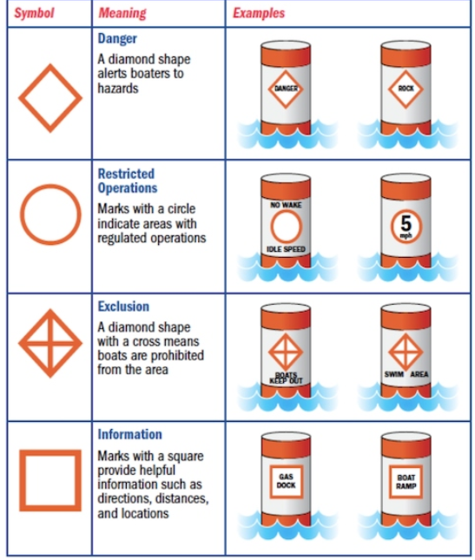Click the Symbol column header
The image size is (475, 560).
pos(34,13)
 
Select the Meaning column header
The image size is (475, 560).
pos(122,13)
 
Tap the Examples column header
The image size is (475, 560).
pos(259,13)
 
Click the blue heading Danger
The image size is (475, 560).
pos(117,38)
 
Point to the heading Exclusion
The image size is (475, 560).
pos(123,306)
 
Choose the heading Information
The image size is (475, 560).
pos(129,434)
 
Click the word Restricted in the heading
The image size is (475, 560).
pos(126,174)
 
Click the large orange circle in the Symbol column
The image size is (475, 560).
pos(50,185)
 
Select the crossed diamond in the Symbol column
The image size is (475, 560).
pos(50,343)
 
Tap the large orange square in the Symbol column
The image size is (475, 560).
pos(50,453)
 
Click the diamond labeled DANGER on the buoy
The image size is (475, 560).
pos(286,71)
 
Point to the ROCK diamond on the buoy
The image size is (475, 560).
pos(406,71)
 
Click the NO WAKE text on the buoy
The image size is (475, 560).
pos(286,205)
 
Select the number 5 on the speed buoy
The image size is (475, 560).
pos(406,224)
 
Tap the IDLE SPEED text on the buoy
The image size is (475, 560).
pos(286,249)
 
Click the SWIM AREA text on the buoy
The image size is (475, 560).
pos(406,374)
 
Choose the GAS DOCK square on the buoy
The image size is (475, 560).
pos(286,466)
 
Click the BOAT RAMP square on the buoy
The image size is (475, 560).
pos(406,466)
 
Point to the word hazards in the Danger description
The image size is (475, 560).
pos(118,89)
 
